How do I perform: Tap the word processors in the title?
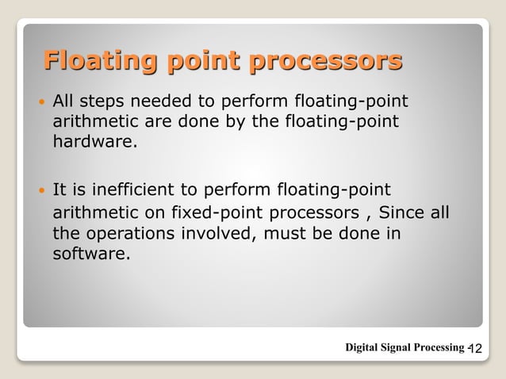point(326,60)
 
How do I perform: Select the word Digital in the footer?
point(364,347)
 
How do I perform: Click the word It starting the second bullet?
point(59,189)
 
